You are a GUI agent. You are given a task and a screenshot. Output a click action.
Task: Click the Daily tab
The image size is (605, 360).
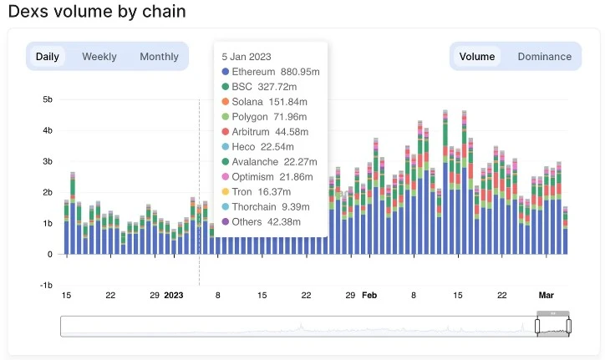tap(48, 57)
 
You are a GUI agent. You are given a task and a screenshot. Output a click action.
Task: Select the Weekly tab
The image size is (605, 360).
tap(99, 57)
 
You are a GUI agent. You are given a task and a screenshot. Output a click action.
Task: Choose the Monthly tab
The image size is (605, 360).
tap(159, 57)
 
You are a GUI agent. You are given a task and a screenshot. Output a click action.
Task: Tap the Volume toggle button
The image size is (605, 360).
tap(477, 57)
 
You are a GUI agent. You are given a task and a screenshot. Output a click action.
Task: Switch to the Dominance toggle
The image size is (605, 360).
tap(544, 57)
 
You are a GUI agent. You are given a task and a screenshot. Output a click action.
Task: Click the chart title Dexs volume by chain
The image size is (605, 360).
tap(97, 13)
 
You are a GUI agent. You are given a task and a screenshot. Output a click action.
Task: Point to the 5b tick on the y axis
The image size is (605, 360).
tap(47, 99)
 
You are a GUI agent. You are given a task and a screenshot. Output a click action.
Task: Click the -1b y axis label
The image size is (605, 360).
tap(45, 285)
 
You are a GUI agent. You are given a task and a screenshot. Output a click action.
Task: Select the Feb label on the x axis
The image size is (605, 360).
tap(369, 296)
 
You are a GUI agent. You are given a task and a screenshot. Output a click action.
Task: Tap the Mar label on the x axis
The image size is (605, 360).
tap(546, 296)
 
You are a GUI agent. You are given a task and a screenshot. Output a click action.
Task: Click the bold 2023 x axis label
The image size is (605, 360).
tap(173, 296)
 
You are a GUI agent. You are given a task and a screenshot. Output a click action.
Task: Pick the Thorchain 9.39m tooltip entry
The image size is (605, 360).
tap(270, 206)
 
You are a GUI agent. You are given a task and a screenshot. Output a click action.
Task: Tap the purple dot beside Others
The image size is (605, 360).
tap(226, 221)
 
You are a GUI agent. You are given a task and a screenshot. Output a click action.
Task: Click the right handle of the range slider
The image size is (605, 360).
tap(569, 325)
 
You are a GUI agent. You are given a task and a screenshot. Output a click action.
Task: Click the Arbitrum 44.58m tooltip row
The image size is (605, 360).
tap(270, 131)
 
